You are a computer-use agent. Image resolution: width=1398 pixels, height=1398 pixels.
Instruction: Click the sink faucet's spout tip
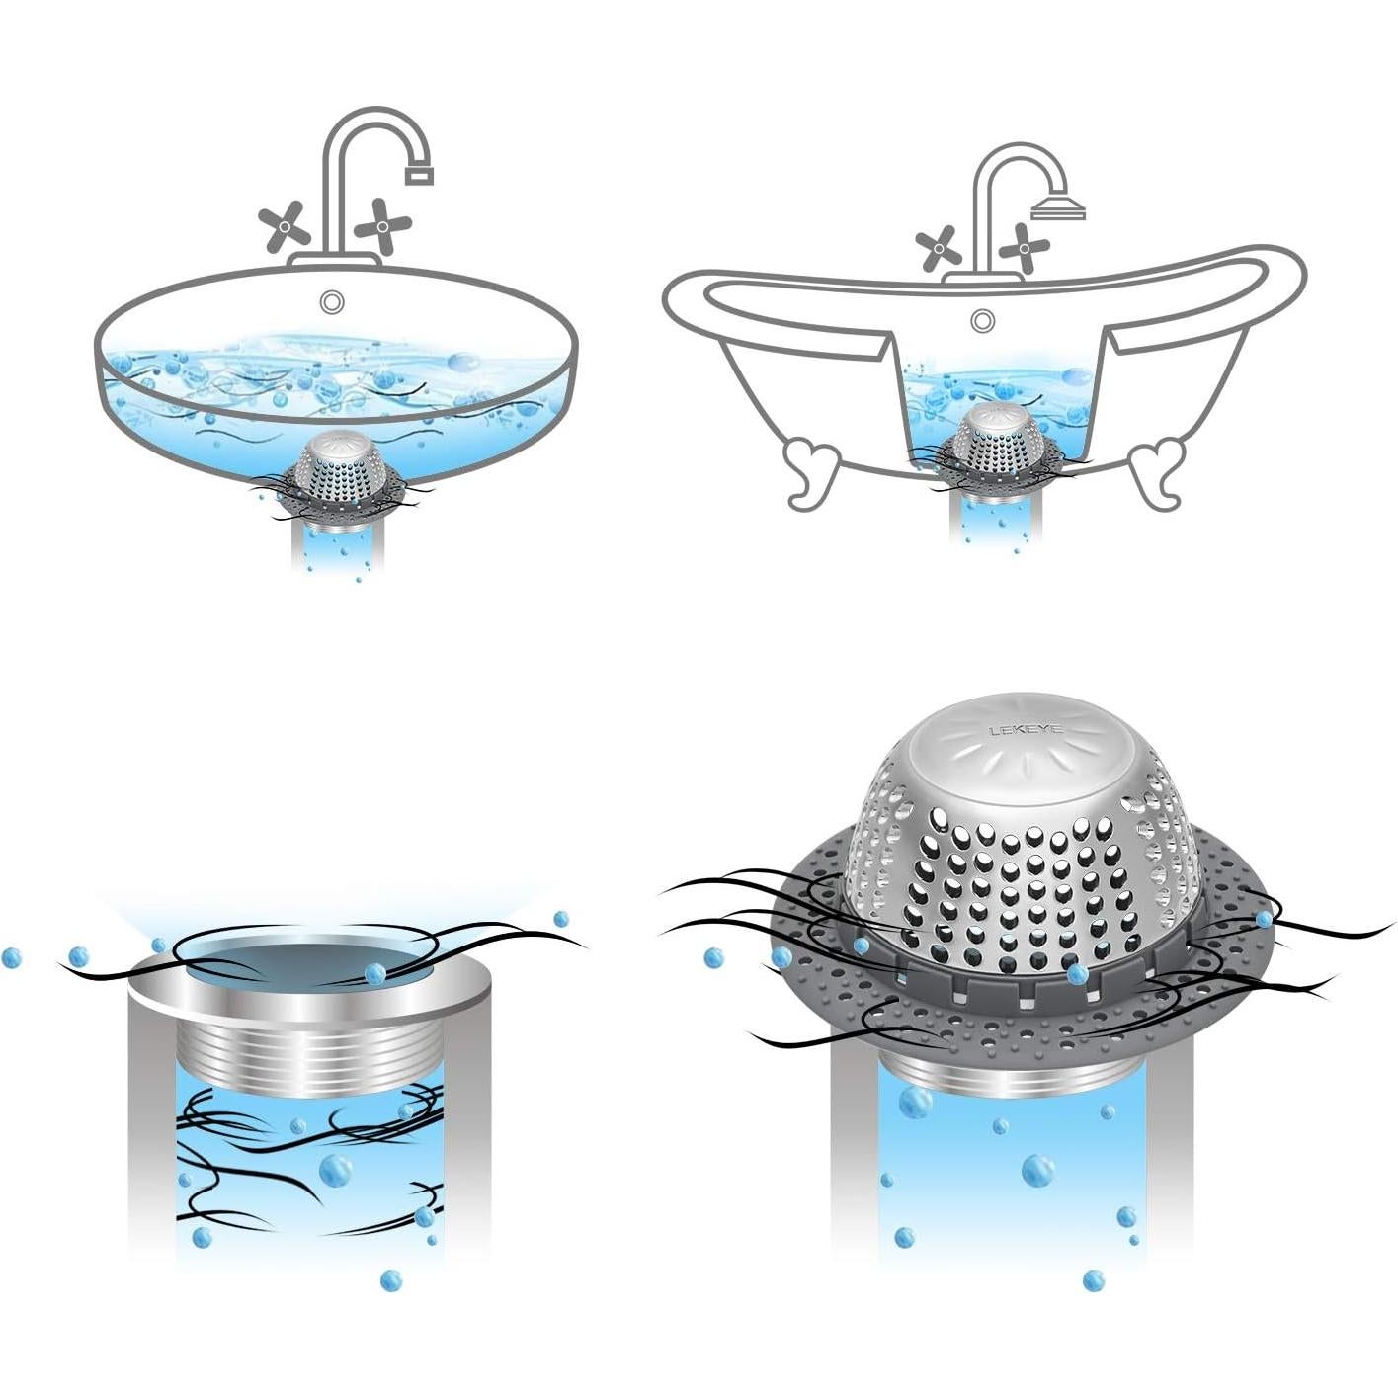tap(419, 175)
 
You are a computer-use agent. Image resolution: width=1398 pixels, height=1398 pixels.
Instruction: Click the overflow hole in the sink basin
tap(331, 300)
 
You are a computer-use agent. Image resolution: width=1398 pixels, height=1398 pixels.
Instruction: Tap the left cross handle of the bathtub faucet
tap(936, 248)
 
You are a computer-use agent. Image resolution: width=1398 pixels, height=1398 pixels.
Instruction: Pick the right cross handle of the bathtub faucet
tap(1025, 247)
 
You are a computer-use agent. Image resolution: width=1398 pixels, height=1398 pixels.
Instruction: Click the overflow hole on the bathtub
tap(981, 319)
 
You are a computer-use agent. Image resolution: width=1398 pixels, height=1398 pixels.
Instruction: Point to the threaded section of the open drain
tap(309, 1057)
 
